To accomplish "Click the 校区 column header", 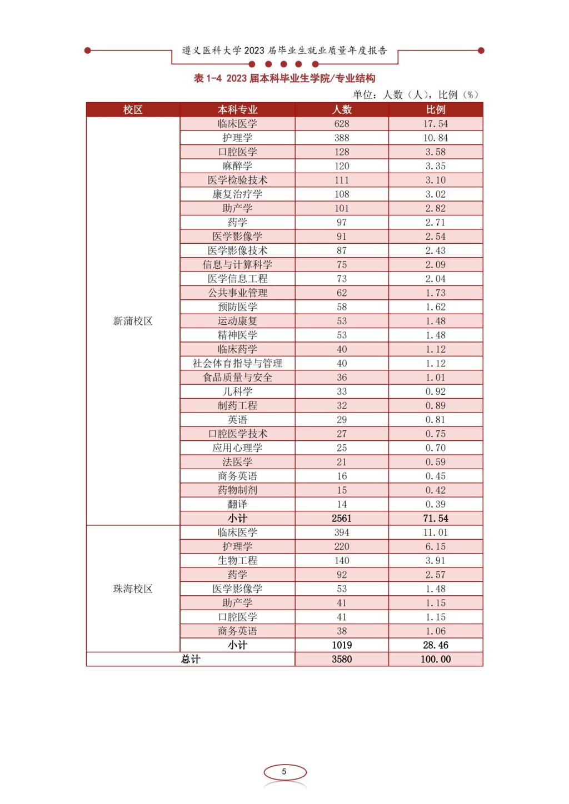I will coord(133,110).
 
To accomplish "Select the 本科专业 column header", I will coord(237,110).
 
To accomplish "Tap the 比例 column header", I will coord(436,110).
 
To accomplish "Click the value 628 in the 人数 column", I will coord(342,124).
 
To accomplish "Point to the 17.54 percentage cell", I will coord(436,124).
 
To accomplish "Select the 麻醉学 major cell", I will coord(237,166).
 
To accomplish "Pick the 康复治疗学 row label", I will coord(237,194).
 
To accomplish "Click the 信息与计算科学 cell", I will coord(237,265).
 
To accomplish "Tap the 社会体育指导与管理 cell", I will coord(237,364).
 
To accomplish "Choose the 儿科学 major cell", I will coord(237,391).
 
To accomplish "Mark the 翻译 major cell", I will coord(237,504).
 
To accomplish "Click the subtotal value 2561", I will coord(342,519).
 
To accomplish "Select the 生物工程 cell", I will coord(237,561).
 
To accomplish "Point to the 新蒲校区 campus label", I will coord(133,321).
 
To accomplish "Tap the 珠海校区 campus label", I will coord(133,589).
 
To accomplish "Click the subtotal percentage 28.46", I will coord(436,645).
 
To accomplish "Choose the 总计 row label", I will coord(191,660).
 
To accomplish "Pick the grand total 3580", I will coord(342,660).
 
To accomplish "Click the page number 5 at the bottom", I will coord(284,772).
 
